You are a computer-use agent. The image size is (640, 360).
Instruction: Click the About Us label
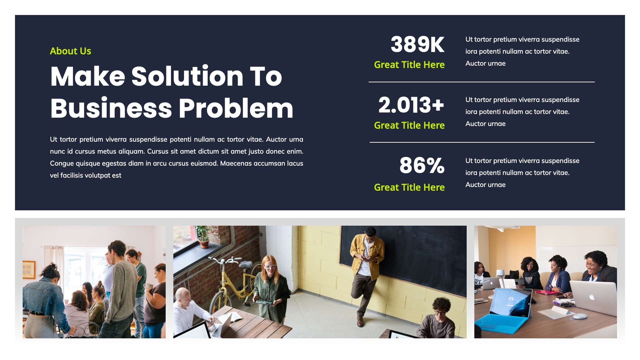click(x=70, y=51)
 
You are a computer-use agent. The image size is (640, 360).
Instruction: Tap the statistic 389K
click(x=417, y=44)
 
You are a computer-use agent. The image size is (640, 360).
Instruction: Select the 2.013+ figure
click(x=411, y=105)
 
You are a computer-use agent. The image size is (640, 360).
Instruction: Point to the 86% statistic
click(x=422, y=165)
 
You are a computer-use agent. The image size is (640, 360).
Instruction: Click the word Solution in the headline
click(x=187, y=76)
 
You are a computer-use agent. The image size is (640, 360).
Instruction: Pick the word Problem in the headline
click(x=236, y=108)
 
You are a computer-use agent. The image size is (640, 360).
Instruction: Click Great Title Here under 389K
click(x=409, y=65)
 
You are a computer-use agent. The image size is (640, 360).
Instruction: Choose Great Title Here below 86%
click(x=409, y=187)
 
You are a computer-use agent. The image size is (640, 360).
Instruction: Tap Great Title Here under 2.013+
click(x=409, y=125)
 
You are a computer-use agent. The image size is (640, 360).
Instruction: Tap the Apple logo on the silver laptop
click(x=592, y=297)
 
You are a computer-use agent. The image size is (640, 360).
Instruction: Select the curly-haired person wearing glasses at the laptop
click(x=440, y=317)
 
